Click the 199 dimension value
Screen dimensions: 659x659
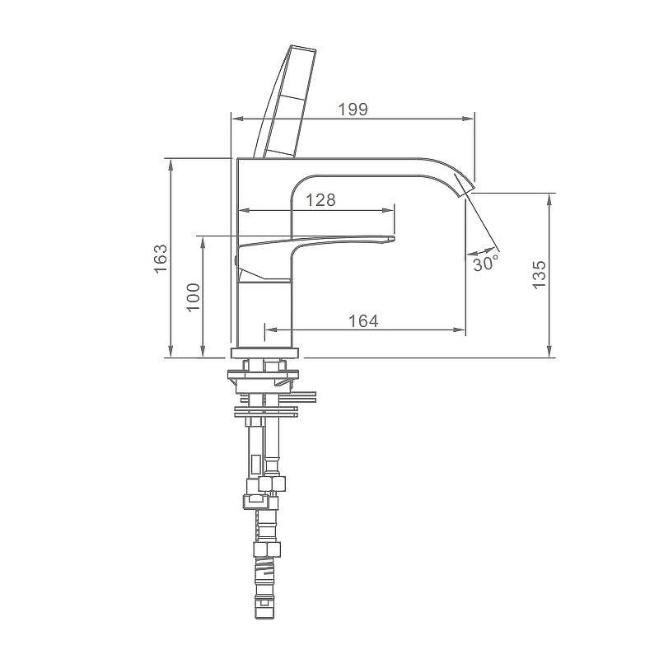click(x=353, y=110)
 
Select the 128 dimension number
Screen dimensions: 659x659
click(x=320, y=200)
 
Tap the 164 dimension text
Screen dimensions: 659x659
click(x=363, y=321)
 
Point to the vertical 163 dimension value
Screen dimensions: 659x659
click(x=160, y=259)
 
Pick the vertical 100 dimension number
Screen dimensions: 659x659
click(x=194, y=297)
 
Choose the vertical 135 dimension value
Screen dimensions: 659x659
click(x=539, y=275)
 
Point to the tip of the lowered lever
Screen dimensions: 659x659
click(x=394, y=239)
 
